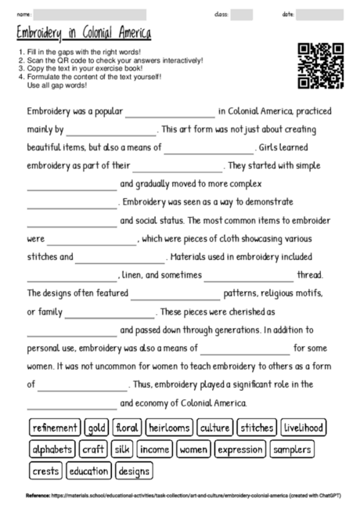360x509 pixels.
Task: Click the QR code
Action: click(x=322, y=65)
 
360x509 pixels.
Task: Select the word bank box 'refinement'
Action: click(x=55, y=428)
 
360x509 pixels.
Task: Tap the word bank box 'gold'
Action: click(x=97, y=428)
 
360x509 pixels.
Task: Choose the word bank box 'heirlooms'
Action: click(x=168, y=428)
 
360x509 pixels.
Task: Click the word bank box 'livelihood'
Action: click(x=304, y=428)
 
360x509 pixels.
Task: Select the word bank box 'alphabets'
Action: click(x=52, y=449)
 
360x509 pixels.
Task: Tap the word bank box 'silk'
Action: click(x=121, y=449)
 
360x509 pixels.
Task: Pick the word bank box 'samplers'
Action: click(x=292, y=449)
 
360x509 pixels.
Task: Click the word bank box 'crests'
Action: click(x=45, y=471)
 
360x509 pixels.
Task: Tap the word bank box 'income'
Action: click(x=154, y=449)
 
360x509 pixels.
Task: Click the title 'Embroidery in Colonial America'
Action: click(x=84, y=34)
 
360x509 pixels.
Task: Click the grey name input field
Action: click(x=89, y=14)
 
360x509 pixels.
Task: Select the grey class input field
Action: click(x=242, y=14)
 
